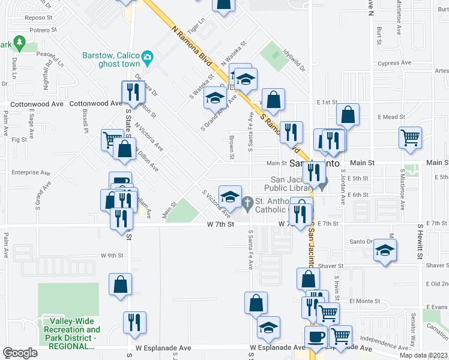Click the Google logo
tap(20, 353)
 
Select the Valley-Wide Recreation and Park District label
tap(71, 334)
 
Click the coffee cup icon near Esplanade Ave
tap(316, 337)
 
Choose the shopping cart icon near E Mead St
tap(410, 137)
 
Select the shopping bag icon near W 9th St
tap(120, 284)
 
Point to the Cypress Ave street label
tap(394, 62)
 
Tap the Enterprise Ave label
tap(28, 172)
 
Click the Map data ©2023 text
tap(423, 355)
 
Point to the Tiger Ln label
tap(196, 26)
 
